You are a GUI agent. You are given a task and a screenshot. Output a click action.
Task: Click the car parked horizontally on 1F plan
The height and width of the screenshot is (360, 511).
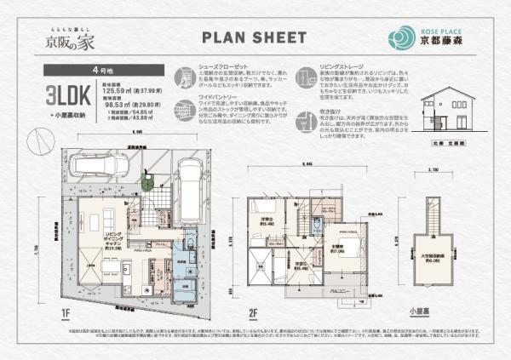101,165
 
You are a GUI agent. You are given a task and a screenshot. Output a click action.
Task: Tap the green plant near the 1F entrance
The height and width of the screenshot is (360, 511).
147,181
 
